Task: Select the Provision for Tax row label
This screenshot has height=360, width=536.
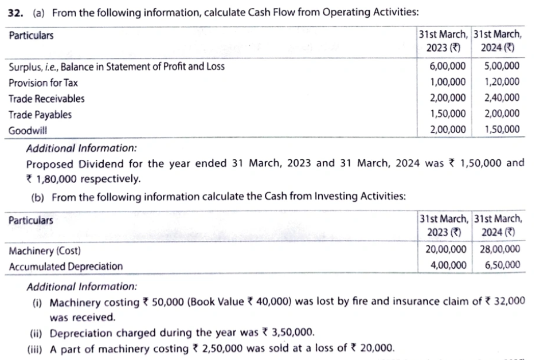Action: pos(43,83)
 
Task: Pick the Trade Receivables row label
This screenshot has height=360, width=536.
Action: pos(46,99)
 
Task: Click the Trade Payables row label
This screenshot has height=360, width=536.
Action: pos(40,115)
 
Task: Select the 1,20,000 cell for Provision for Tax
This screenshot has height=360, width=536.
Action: pos(502,82)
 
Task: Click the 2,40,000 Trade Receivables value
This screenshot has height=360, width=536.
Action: pos(502,98)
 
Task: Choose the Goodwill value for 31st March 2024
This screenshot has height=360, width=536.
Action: pos(502,130)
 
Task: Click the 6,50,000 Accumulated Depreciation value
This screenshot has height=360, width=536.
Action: pos(502,265)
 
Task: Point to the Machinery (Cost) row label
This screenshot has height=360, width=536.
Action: pos(45,251)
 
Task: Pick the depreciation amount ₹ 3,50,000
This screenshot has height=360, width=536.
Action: pos(288,333)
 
